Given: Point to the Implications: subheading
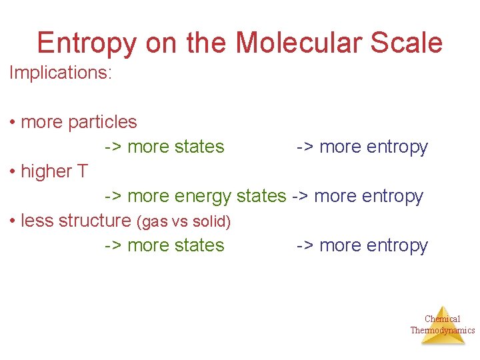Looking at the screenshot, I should point(61,73).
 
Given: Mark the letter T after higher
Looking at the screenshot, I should point(82,171).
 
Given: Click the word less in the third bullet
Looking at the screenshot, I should point(38,221).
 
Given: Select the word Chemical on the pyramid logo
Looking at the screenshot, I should point(442,319).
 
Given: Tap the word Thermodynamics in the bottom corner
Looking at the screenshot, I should point(442,330).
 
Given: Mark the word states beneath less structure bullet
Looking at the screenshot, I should point(199,245).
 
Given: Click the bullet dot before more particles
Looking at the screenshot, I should point(13,123).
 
